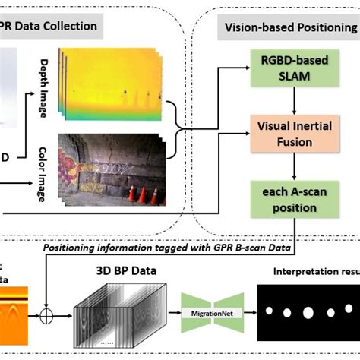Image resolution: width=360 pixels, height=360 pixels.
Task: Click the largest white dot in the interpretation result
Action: [x=308, y=312]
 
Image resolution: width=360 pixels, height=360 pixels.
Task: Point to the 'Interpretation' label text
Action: [x=311, y=271]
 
